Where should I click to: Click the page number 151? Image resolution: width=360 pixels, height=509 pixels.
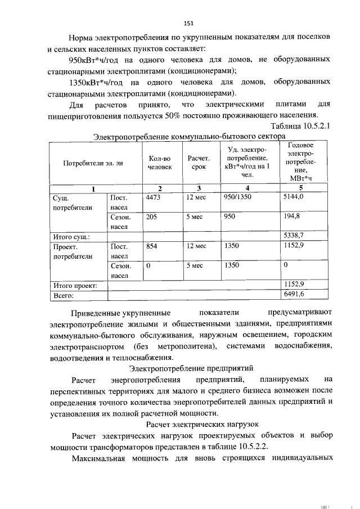click(x=188, y=23)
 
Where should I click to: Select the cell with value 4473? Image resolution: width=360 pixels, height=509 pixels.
click(x=154, y=198)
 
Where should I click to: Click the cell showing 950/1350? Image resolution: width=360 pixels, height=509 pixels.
click(x=237, y=198)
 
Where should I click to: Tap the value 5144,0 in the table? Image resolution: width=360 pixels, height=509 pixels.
click(x=294, y=198)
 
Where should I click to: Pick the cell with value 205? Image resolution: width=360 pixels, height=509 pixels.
click(x=151, y=216)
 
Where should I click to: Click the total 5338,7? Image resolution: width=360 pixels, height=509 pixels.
click(x=294, y=236)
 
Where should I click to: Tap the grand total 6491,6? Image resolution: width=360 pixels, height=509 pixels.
click(x=294, y=294)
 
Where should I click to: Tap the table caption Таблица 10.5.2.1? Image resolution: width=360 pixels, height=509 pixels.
click(x=300, y=126)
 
